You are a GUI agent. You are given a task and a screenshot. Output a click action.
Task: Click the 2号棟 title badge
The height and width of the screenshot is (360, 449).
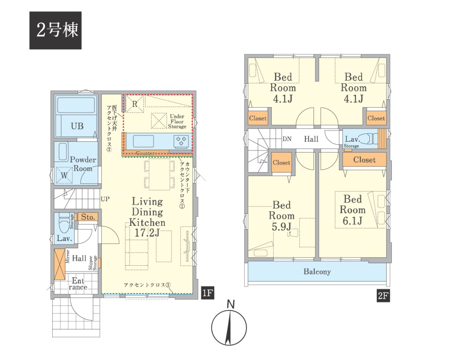click(55, 30)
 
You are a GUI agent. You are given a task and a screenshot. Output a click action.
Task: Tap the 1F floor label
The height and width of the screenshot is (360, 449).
click(208, 293)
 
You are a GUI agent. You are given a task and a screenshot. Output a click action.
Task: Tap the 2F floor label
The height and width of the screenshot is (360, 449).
click(383, 296)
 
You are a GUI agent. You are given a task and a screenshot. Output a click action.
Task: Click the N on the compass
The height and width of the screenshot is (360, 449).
click(230, 304)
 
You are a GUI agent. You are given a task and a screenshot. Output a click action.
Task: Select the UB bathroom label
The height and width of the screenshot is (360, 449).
click(77, 126)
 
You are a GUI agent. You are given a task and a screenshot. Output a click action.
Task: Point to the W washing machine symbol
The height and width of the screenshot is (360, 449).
click(64, 175)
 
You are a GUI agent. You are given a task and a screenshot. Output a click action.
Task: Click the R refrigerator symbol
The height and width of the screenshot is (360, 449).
click(135, 104)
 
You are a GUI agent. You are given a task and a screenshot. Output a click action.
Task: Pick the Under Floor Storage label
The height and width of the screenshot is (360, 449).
click(177, 122)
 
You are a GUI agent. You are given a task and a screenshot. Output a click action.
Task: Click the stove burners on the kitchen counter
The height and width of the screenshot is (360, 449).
click(181, 141)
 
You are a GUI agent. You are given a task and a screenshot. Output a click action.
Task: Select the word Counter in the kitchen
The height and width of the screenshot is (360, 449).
click(145, 153)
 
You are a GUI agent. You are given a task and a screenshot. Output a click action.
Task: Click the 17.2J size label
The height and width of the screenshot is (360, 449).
click(147, 233)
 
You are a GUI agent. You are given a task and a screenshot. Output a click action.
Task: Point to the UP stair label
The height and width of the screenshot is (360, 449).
click(105, 199)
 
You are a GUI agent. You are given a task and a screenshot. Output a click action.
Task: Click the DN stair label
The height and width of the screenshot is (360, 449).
click(287, 139)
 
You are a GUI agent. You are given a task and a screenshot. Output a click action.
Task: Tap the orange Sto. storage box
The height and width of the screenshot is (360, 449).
click(88, 217)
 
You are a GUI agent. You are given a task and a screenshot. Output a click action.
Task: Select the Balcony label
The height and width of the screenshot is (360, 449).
click(317, 271)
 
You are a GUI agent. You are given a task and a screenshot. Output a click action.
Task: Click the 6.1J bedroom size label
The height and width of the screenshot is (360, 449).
click(353, 221)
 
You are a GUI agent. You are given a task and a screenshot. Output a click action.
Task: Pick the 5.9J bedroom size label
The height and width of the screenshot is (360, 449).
click(282, 227)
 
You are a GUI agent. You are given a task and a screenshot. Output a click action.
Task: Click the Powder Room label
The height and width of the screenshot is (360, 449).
click(83, 164)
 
